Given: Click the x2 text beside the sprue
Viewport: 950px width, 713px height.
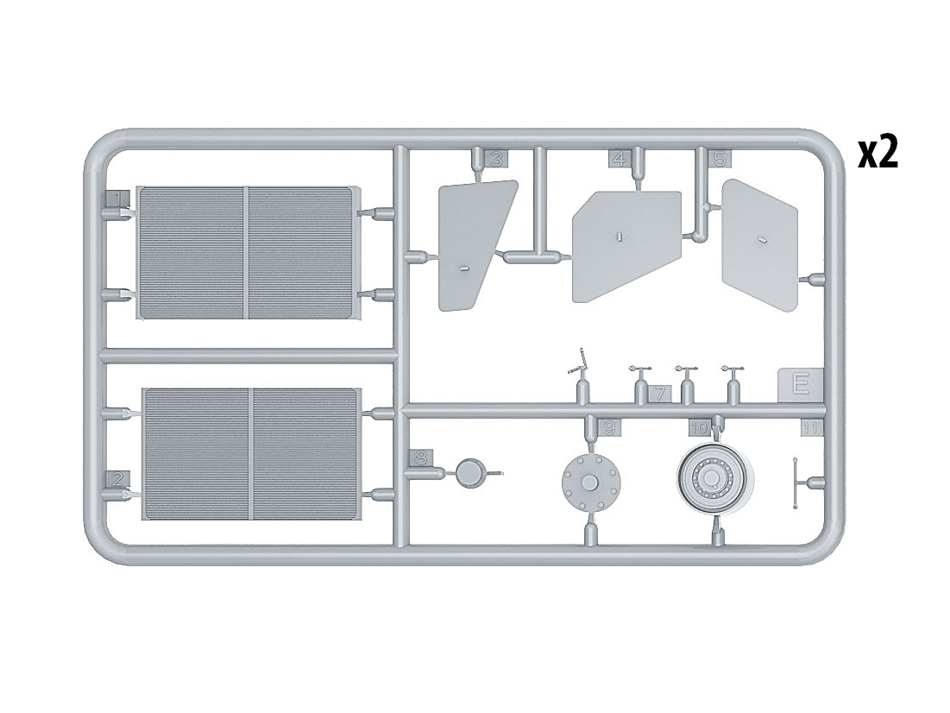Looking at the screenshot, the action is [x=878, y=153].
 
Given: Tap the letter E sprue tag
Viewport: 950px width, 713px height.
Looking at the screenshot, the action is [x=801, y=385].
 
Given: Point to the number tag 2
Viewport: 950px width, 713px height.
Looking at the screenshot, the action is [x=118, y=479].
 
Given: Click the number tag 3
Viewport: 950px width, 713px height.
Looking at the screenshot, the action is [x=496, y=160].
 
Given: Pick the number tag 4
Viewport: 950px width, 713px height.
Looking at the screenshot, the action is [x=620, y=160].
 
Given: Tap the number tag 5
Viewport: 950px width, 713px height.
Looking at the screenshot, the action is [x=720, y=160].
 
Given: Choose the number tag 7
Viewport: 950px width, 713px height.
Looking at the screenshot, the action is [x=659, y=394].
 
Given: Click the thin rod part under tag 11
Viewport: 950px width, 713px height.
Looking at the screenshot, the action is [x=795, y=483].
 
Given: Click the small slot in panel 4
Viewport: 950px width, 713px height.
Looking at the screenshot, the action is [x=619, y=237].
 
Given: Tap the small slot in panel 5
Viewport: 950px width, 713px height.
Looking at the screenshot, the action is [x=763, y=240].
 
